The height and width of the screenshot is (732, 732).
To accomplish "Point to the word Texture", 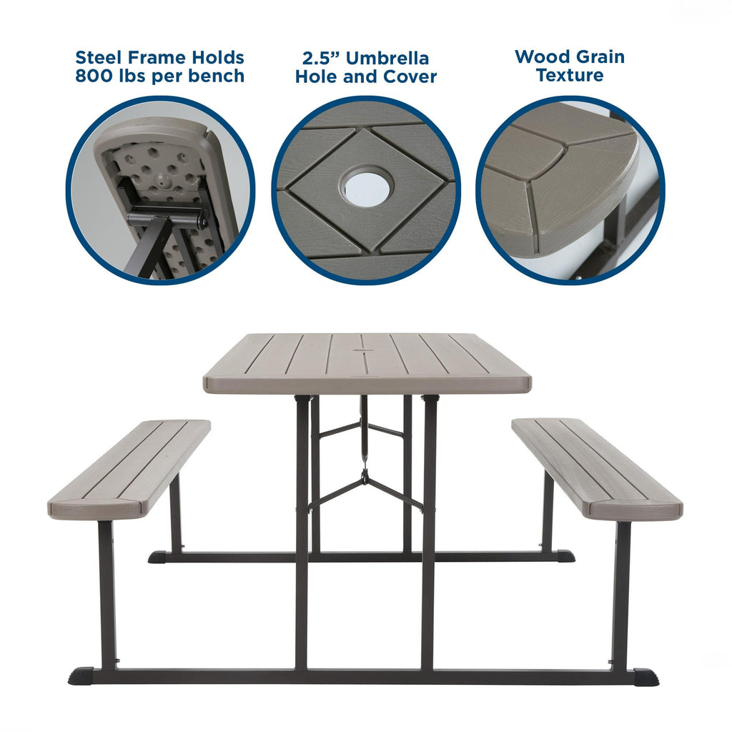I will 570,75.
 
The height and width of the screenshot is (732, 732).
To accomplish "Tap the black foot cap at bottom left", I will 81,676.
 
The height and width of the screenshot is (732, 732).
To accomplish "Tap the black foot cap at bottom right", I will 646,676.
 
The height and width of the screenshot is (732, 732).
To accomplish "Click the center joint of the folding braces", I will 365,475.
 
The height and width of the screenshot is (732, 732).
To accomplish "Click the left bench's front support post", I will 107,593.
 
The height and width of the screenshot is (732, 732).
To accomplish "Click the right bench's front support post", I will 621,593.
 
